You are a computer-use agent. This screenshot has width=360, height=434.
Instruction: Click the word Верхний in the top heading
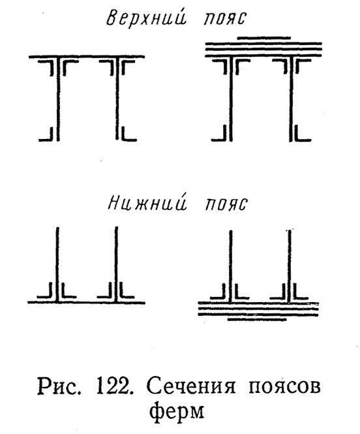(x=146, y=19)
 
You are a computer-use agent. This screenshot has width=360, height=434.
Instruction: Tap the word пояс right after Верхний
(x=225, y=20)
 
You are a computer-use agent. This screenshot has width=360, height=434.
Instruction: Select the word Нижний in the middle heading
(x=147, y=204)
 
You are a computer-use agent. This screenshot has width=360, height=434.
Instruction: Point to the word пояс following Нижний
(x=226, y=204)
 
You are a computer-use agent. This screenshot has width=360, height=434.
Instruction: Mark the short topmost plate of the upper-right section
(x=264, y=38)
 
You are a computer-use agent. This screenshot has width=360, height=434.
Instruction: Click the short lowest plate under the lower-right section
(x=257, y=320)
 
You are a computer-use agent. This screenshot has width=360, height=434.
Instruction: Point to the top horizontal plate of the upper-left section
(x=87, y=57)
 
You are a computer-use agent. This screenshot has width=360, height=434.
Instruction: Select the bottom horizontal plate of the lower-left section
(x=86, y=303)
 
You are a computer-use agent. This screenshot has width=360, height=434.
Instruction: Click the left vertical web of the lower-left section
(x=57, y=264)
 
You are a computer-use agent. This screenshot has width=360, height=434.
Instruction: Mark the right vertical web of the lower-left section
(x=116, y=264)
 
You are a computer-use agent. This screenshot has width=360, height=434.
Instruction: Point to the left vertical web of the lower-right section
(x=231, y=266)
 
